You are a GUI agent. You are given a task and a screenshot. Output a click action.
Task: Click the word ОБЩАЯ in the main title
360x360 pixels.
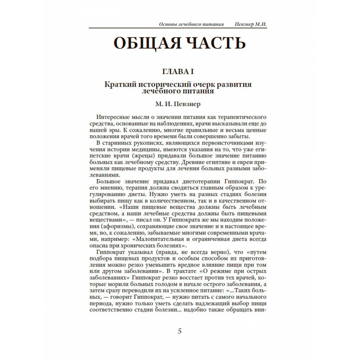(x=145, y=43)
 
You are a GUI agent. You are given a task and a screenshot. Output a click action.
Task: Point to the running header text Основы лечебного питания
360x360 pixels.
(x=191, y=24)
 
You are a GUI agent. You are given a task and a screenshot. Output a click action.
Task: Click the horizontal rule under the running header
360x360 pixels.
(x=178, y=28)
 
